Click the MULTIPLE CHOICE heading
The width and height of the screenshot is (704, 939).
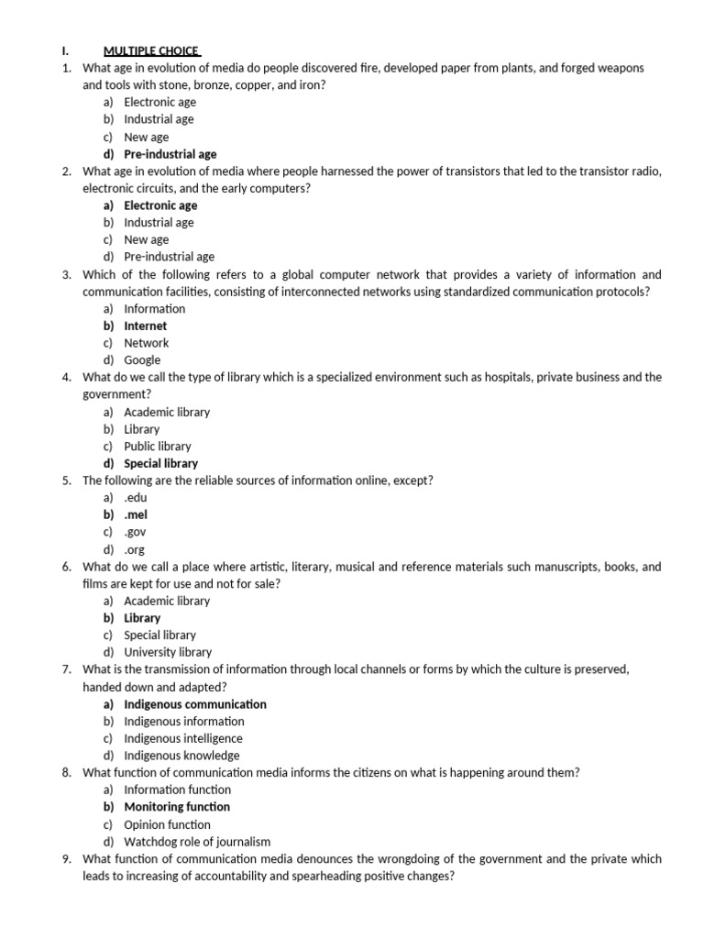(152, 50)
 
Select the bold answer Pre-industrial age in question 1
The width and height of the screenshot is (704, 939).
(170, 154)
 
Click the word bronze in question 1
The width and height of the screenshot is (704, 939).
(210, 84)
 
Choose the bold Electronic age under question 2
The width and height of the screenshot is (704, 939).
(160, 205)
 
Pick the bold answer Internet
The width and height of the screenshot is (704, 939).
(146, 326)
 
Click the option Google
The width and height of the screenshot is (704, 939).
(142, 360)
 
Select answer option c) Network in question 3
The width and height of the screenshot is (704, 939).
(146, 343)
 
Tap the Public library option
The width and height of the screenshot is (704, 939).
(158, 447)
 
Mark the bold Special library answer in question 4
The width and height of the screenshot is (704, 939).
(160, 463)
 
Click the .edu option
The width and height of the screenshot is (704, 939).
(135, 497)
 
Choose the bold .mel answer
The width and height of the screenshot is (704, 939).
(135, 514)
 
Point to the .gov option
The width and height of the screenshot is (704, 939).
(135, 532)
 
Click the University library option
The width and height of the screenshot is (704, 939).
(168, 652)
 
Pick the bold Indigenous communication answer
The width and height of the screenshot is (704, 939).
(195, 704)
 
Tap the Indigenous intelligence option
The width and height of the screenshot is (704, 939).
(183, 738)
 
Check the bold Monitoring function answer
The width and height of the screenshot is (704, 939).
(177, 807)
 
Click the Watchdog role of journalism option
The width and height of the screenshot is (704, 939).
(197, 842)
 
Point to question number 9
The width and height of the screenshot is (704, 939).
(68, 859)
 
